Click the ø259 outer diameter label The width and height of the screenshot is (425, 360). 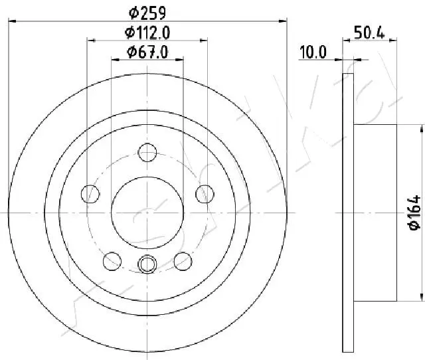tap(147, 13)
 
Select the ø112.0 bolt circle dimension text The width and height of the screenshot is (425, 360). tap(147, 33)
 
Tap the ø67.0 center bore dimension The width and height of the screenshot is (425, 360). tap(147, 52)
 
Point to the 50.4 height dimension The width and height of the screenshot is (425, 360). tap(369, 33)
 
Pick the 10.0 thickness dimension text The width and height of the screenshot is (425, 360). tap(313, 52)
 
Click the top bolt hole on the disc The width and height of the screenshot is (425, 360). tap(147, 152)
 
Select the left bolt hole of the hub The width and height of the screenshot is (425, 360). tap(90, 194)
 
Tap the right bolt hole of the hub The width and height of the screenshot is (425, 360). tap(205, 194)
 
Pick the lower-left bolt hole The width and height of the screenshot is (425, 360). tap(112, 261)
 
